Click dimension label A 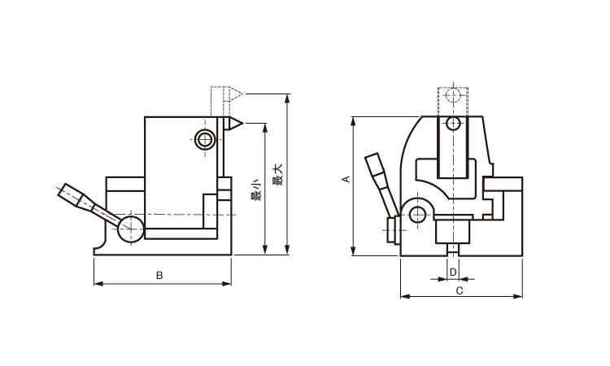click(x=346, y=179)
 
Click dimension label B click(x=159, y=276)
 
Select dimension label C click(x=459, y=290)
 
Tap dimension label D click(x=453, y=272)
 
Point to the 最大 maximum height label click(x=277, y=174)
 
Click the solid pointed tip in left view click(x=234, y=124)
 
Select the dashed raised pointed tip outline click(x=234, y=94)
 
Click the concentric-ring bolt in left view click(x=205, y=139)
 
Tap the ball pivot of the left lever click(x=131, y=229)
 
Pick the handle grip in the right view click(x=377, y=172)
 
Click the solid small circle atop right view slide click(x=453, y=124)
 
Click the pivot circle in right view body click(x=418, y=214)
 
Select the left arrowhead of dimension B click(x=98, y=284)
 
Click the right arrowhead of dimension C click(x=518, y=296)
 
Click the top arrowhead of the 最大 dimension click(x=287, y=98)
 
